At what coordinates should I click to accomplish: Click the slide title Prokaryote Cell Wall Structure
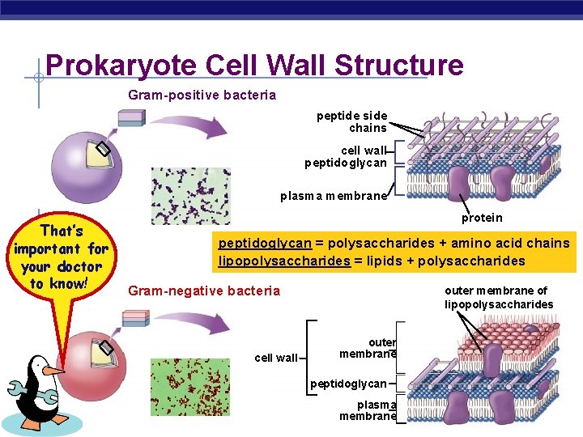(254, 66)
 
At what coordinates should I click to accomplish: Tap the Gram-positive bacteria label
(202, 95)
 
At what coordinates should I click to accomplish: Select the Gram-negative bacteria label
(204, 291)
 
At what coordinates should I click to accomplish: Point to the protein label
(482, 218)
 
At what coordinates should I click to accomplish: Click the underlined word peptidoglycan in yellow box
(263, 244)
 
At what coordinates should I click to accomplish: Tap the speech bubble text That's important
(61, 257)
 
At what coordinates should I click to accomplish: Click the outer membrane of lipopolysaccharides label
(498, 298)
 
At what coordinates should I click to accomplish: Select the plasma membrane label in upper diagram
(334, 197)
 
